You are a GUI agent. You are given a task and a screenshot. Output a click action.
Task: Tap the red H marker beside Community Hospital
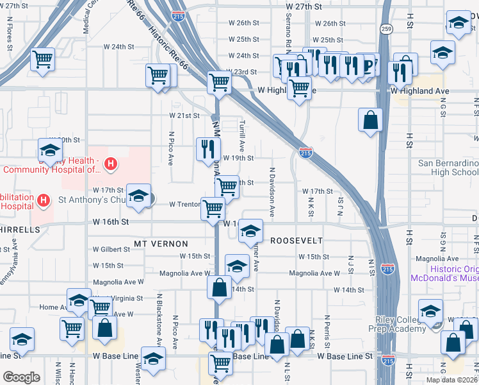pos(111,164)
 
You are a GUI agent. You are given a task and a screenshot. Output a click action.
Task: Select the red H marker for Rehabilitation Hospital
pos(44,201)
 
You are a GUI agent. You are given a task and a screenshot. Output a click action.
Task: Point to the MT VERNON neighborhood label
pos(161,244)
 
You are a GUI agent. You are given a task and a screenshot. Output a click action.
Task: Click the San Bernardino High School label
pos(448,167)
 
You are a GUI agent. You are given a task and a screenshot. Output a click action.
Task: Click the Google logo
pos(21,377)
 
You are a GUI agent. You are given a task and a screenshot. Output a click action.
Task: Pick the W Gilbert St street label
pos(111,249)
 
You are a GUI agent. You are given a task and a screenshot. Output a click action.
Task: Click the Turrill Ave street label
pos(241,133)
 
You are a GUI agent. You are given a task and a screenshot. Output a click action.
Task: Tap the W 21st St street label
pos(184,116)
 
